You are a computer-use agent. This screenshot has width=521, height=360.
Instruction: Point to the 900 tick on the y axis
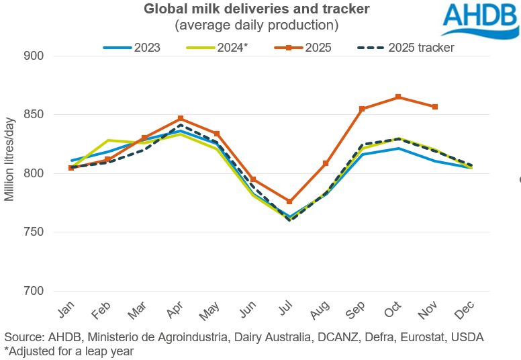pos(34,56)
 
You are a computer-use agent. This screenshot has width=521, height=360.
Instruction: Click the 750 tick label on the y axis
pos(34,232)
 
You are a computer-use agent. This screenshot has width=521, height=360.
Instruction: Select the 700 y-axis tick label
pos(34,291)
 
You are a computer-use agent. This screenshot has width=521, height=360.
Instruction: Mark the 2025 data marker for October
pos(399,97)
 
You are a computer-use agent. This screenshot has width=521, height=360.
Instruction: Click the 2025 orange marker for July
pos(289,201)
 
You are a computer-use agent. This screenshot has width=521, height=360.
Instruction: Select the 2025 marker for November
pos(435,107)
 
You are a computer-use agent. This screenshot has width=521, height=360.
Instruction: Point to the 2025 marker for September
pos(362,109)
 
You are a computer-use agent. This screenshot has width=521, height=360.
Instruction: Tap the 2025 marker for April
pos(180,119)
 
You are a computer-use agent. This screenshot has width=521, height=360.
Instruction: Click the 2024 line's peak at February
pos(107,140)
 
